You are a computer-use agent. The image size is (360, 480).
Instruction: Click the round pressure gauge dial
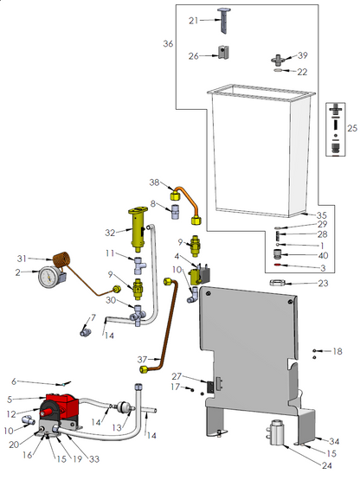48,277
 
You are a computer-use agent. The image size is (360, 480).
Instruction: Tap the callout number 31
22,259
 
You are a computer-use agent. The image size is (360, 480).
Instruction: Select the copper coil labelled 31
61,259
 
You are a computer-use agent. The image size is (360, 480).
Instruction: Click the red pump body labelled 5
61,404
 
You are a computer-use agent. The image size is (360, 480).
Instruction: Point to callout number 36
168,44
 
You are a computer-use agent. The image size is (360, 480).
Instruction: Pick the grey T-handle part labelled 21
224,20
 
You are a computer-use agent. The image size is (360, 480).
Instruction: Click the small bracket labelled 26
223,53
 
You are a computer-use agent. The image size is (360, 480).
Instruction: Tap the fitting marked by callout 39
278,60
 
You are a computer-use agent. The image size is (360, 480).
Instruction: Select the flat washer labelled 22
278,71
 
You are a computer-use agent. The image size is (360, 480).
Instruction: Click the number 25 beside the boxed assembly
352,128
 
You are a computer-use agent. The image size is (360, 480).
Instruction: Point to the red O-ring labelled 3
277,266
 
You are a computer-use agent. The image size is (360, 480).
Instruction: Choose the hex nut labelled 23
278,283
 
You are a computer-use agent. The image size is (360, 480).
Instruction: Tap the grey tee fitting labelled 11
138,266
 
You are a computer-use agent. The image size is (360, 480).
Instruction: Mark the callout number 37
142,360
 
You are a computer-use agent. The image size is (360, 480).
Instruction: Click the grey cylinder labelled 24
276,432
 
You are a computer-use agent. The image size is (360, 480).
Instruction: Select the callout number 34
334,441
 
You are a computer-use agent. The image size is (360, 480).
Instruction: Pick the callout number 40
323,255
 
